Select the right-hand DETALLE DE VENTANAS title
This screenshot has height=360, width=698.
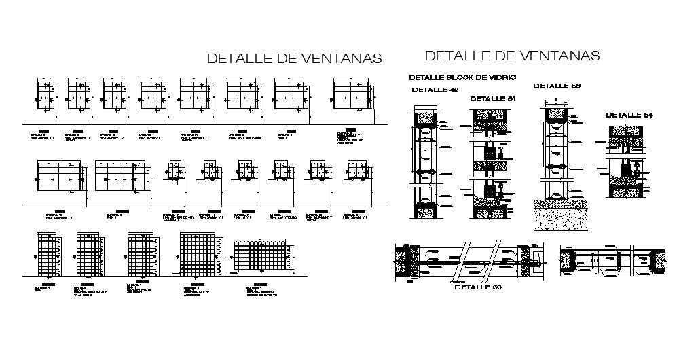(512, 55)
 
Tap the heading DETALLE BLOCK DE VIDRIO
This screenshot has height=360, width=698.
(462, 77)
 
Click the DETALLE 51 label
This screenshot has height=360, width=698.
(493, 99)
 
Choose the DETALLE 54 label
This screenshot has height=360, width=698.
(629, 115)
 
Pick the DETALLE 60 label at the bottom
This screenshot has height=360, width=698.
(477, 287)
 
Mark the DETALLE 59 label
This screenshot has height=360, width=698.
(556, 86)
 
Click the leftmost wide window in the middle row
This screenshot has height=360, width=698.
(59, 179)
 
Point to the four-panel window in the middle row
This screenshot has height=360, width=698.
(122, 179)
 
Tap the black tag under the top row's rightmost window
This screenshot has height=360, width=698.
(348, 129)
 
